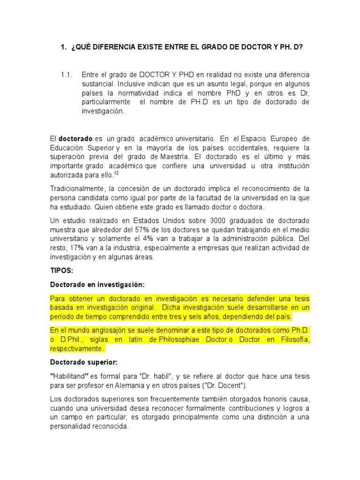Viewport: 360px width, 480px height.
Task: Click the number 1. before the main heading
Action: click(x=64, y=47)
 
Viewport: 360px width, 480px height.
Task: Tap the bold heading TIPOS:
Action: click(x=61, y=270)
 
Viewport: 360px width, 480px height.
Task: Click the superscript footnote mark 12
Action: click(x=117, y=173)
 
